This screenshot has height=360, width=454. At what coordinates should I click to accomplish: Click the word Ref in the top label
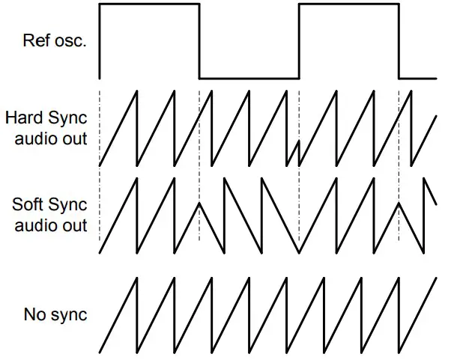point(36,39)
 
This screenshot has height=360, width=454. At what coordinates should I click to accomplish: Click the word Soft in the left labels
point(27,205)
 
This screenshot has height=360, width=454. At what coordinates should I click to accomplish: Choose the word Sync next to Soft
point(68,205)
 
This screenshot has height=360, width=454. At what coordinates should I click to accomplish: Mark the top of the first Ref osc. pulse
point(149,4)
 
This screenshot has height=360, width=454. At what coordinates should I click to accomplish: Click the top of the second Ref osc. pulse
point(348,4)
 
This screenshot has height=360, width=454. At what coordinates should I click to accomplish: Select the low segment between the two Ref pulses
point(249,77)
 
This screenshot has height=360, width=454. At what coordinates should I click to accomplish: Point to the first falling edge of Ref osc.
point(199,41)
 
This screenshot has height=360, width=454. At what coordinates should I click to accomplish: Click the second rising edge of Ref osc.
point(299,41)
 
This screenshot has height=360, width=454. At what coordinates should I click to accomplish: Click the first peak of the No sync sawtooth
point(136,278)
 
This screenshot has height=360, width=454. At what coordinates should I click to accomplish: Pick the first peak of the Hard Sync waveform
point(136,91)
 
